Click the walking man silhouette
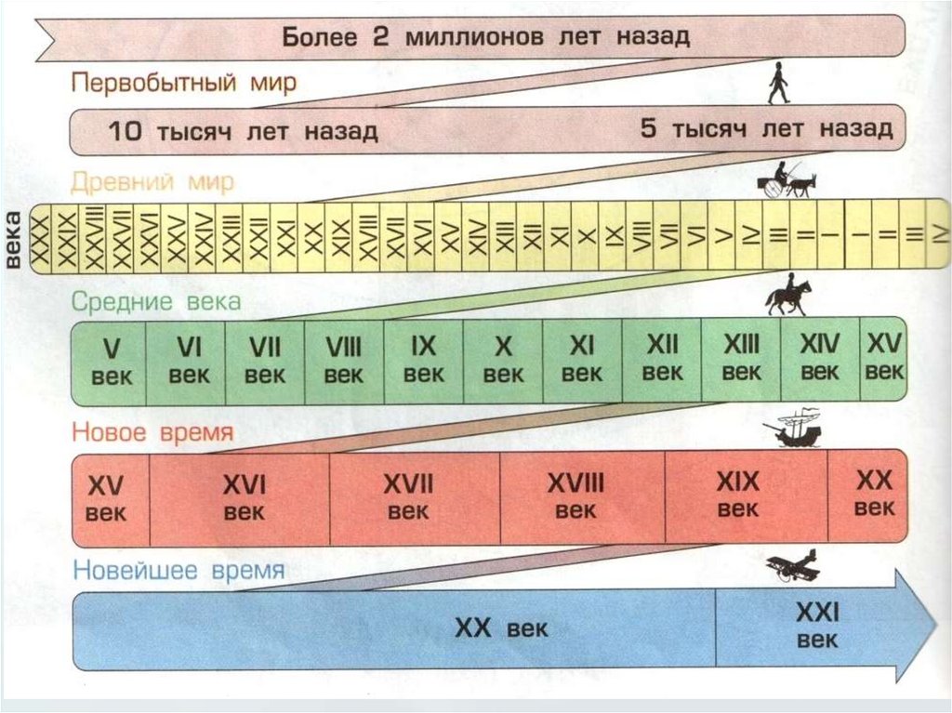coord(778,84)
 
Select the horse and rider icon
coord(787,295)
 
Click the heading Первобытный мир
coord(184,83)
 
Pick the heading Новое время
coord(152,433)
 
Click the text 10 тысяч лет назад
coord(243,131)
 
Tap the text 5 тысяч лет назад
coord(766,129)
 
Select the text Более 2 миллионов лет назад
coord(485,37)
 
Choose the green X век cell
coord(503,361)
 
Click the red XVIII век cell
coord(575,496)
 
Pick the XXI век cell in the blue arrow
coord(817,626)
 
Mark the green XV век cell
coord(884,358)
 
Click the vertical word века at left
coord(13,239)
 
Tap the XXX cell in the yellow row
coord(42,239)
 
